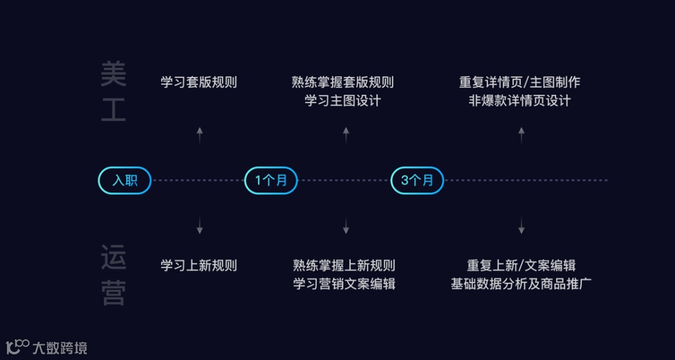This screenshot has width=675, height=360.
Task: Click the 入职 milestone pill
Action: pos(125,181)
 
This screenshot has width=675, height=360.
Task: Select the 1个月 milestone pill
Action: pos(271,181)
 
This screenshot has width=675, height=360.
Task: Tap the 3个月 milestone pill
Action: pos(417,181)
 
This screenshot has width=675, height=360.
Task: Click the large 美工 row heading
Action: pos(113,92)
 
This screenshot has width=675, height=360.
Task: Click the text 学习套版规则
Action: pos(199,82)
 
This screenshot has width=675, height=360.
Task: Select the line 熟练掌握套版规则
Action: pos(342,82)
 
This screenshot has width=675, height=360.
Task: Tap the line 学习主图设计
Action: pos(342,101)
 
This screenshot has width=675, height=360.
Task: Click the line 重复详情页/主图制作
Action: pos(520,82)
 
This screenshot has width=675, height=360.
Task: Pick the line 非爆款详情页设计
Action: pos(520,101)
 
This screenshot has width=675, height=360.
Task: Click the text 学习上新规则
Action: pos(199,266)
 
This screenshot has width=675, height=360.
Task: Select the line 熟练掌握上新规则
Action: pos(344,266)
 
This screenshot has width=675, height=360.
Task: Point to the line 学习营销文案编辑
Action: pos(344,284)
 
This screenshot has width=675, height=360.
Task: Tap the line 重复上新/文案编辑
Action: pos(521,266)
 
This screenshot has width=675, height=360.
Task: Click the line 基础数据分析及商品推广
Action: pos(521,284)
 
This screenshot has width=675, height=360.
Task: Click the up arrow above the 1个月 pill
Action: pos(346,135)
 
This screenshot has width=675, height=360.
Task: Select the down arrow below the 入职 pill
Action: pos(199,226)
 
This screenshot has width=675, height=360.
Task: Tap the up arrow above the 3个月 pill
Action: pos(521,135)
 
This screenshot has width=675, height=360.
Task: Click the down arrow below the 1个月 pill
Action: pos(346,226)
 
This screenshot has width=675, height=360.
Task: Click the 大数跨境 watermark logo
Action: pos(47,347)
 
